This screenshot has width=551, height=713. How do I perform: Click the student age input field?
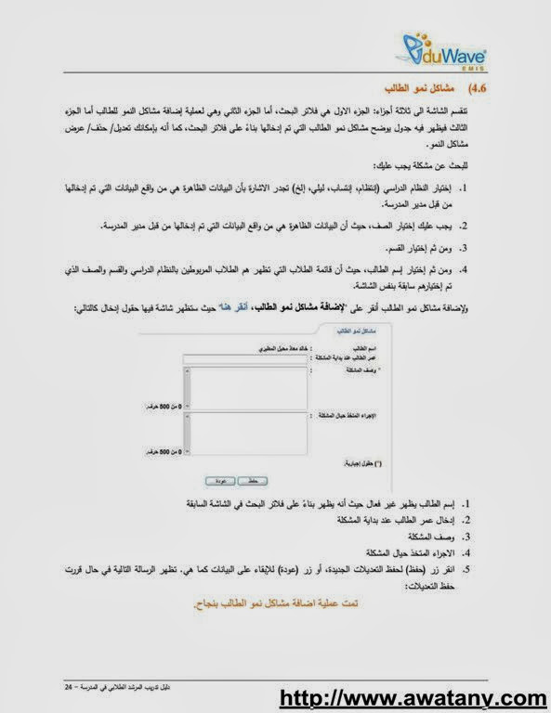[x=247, y=357]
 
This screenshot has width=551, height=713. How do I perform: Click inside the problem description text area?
[x=247, y=385]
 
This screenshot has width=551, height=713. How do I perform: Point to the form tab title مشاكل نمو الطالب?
[x=335, y=330]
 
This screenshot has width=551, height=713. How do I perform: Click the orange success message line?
[x=280, y=603]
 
